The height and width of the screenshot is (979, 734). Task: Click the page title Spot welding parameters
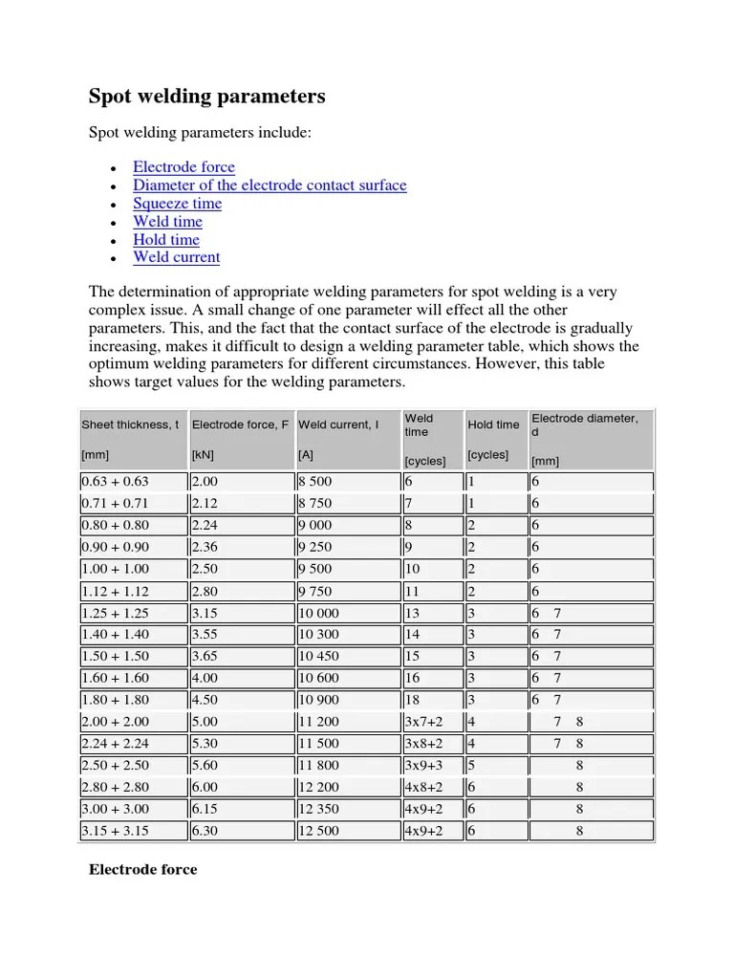tap(206, 97)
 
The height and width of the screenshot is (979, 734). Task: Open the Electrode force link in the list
tap(183, 167)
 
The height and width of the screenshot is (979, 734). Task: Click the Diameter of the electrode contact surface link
tap(270, 185)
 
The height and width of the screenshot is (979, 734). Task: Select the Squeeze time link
tap(177, 204)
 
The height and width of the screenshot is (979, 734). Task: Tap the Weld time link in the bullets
tap(167, 222)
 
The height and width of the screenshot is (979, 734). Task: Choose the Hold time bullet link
tap(166, 240)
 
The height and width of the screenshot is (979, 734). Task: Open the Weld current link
tap(176, 257)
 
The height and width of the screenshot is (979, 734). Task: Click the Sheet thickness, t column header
tap(130, 424)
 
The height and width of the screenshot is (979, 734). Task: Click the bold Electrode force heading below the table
tap(142, 870)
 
